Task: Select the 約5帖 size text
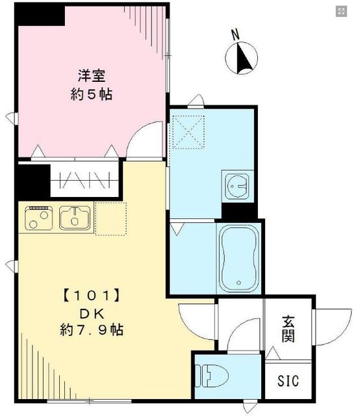[x=91, y=94]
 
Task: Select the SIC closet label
[x=289, y=381]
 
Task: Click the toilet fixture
[x=212, y=376]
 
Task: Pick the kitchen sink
[x=76, y=218]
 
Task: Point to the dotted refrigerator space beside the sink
[x=110, y=218]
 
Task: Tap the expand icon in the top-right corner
[x=341, y=11]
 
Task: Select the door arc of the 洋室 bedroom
[x=144, y=138]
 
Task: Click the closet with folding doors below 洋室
[x=84, y=180]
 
